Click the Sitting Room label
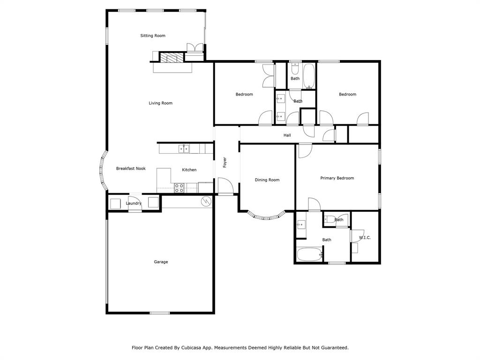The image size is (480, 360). pos(153,36)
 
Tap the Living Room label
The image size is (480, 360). pos(161,103)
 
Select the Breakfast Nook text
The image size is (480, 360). pos(131,168)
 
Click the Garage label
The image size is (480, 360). pos(161,262)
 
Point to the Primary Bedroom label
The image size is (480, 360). pos(337,178)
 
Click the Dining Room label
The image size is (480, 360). pos(267,180)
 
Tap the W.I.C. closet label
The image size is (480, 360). pos(365,238)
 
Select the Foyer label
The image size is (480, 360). pos(225,162)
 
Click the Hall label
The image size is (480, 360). pos(287,135)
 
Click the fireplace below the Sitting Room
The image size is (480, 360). pos(171,57)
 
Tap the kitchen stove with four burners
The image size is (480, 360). pos(179,188)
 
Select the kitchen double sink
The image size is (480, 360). pos(183,149)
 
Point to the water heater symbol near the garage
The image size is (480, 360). pos(206,202)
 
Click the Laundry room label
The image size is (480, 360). pos(134,203)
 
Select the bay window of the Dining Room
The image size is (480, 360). pos(266,216)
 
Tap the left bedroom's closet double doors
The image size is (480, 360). pos(269,75)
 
